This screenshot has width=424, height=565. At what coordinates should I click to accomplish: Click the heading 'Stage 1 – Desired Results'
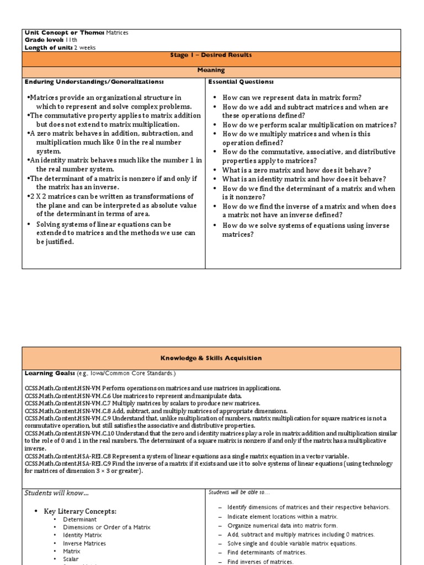click(211, 55)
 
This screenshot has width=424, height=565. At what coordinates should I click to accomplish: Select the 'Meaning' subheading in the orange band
click(211, 70)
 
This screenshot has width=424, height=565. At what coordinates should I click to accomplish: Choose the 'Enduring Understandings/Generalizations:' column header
click(94, 82)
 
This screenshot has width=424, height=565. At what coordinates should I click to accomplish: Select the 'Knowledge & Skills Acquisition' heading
click(211, 358)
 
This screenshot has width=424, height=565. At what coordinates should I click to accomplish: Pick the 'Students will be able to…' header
click(239, 492)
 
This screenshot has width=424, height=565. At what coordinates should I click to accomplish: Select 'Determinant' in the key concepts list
click(79, 519)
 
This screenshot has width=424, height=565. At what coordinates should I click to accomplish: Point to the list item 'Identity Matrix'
click(82, 535)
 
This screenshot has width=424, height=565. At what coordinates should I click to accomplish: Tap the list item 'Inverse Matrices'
click(84, 543)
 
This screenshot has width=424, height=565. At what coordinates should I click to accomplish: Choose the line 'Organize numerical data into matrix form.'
click(282, 525)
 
